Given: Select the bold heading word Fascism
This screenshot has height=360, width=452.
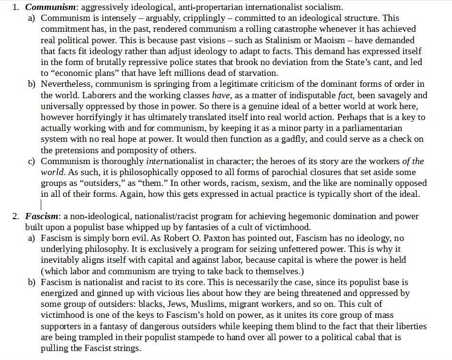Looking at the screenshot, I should click(x=41, y=216).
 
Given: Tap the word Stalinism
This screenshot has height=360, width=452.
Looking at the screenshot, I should click(x=280, y=40).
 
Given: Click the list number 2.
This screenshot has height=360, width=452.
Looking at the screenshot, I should click(x=16, y=216).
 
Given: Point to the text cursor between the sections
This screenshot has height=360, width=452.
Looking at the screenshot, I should click(x=41, y=204).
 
